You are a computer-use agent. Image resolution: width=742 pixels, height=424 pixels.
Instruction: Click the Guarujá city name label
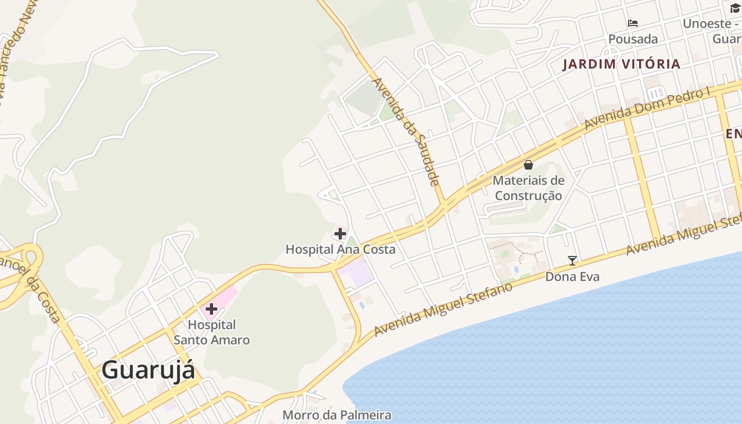pos(148,369)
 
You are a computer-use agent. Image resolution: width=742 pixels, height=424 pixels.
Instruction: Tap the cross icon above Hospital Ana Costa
pos(340,233)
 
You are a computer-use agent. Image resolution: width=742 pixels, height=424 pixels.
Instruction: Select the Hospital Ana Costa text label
pos(340,249)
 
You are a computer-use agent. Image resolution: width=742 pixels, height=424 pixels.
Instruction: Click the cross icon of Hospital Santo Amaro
pos(211,308)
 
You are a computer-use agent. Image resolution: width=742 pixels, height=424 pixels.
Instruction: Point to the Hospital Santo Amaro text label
pos(211,332)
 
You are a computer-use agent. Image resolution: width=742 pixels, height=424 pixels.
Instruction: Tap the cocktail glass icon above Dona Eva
pos(572,260)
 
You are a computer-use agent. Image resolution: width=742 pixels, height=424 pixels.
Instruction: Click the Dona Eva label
pos(572,276)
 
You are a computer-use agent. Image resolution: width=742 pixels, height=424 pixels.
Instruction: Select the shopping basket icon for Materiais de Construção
pos(528,165)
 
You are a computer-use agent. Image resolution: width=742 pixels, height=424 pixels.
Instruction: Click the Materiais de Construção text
pos(528,188)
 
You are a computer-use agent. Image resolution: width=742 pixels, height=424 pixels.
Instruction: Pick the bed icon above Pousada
pos(632,23)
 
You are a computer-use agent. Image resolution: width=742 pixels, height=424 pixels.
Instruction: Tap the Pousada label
pos(633,39)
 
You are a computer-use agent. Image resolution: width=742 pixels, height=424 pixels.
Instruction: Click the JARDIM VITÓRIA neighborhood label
pos(621,64)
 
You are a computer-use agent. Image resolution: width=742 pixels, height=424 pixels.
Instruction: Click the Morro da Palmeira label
pos(337,415)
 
